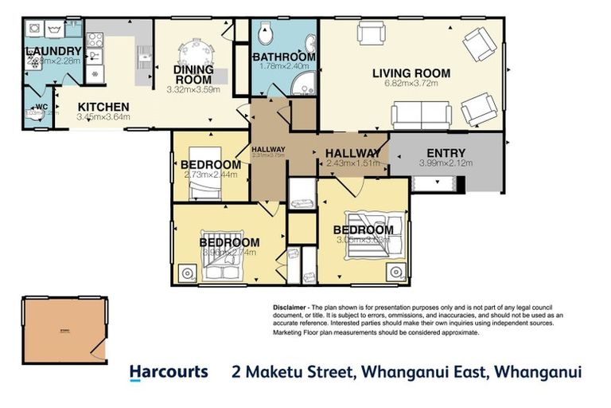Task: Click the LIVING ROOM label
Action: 411,73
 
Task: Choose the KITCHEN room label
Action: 103,107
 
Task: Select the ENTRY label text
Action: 446,153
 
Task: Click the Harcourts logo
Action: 168,372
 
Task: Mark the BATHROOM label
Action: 284,57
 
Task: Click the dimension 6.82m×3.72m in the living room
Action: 411,84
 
